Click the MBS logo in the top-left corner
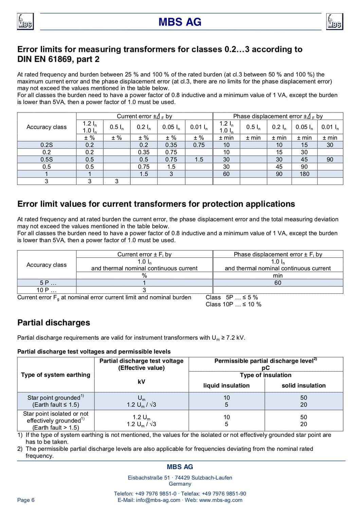click(25, 22)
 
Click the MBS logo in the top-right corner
click(334, 22)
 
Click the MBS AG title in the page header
click(180, 22)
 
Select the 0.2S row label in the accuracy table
click(47, 145)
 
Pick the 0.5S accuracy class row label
click(47, 159)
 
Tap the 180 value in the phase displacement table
click(304, 174)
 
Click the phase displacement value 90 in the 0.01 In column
click(330, 159)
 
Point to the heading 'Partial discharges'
click(54, 323)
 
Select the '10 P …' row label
click(47, 290)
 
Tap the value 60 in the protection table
click(277, 283)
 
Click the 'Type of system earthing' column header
click(56, 375)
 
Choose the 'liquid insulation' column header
click(226, 385)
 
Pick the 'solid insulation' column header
click(304, 385)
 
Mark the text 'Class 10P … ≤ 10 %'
click(233, 304)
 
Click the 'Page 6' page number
click(26, 500)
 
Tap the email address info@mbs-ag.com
click(158, 500)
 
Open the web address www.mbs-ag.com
click(221, 500)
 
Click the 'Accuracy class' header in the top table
click(47, 127)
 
